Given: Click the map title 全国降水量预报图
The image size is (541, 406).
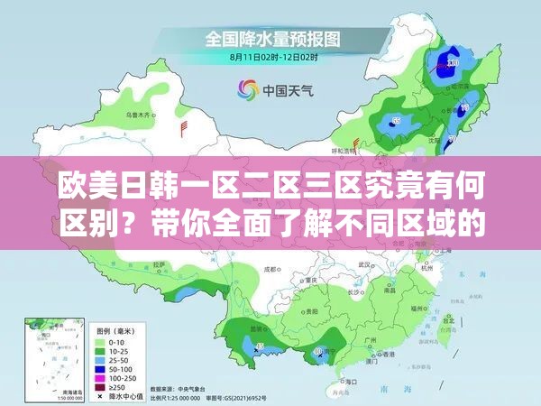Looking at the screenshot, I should click(x=274, y=40).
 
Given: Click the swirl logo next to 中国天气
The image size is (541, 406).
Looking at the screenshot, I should click(x=246, y=89).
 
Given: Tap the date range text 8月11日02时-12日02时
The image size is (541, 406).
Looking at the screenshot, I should click(x=274, y=58).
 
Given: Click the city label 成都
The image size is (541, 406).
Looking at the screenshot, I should click(x=270, y=269).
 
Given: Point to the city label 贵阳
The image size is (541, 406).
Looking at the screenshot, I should click(x=311, y=310).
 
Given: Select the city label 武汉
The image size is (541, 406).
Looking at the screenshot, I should click(x=364, y=264).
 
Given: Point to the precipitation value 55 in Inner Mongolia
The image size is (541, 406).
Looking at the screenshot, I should click(x=396, y=120).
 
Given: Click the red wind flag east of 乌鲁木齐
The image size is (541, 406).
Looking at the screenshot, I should click(x=184, y=125).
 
